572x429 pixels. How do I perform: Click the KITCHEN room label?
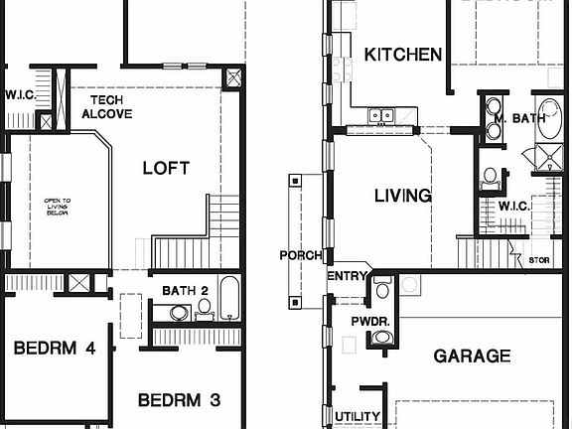click(403, 55)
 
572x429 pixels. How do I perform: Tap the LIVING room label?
click(402, 196)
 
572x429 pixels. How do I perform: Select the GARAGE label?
click(472, 356)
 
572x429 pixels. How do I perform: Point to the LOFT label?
click(166, 168)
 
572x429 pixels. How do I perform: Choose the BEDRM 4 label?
click(55, 349)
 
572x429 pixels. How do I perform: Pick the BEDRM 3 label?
click(179, 400)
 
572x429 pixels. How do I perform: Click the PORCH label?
click(301, 255)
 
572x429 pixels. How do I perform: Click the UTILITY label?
click(357, 416)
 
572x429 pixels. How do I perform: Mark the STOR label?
click(539, 260)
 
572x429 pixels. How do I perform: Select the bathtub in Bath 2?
click(228, 298)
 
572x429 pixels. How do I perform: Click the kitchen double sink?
click(381, 115)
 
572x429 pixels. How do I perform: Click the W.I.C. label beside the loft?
click(20, 96)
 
